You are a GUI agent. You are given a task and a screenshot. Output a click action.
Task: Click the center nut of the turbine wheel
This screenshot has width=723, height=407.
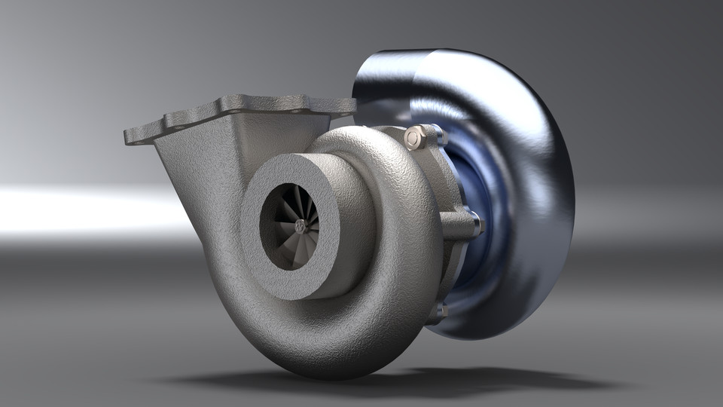click(300, 225)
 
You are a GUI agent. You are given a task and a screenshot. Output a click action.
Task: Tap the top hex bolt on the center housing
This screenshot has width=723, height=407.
click(414, 138)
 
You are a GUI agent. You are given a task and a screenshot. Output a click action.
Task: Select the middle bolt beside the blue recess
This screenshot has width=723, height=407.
click(474, 223)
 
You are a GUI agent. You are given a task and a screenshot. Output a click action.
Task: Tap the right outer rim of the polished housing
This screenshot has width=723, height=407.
click(565, 203)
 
